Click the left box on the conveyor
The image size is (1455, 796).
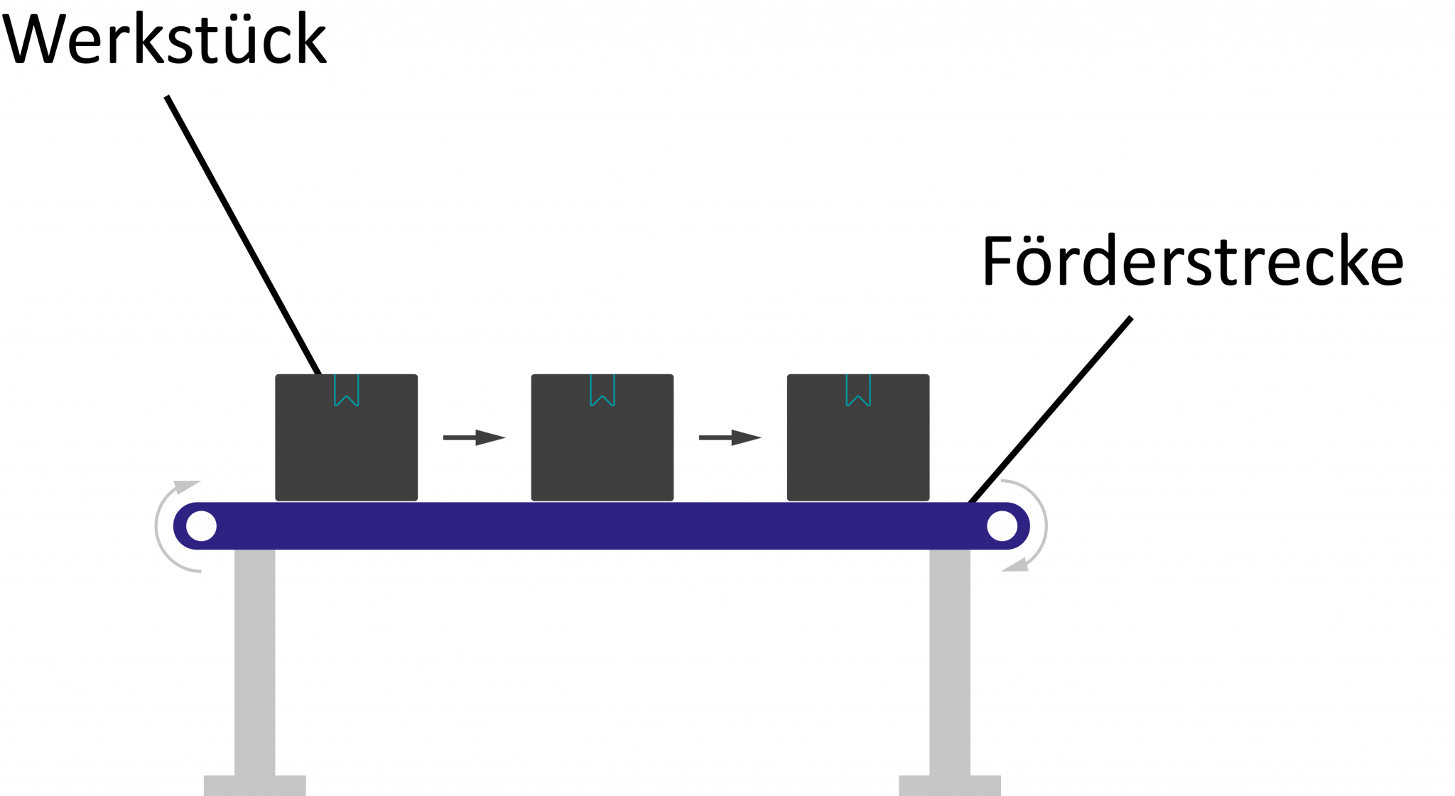click(x=346, y=447)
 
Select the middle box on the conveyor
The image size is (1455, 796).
click(x=602, y=447)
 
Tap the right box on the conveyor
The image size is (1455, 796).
click(x=858, y=447)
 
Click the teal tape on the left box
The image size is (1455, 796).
click(x=347, y=390)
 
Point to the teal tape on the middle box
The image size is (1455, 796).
click(x=602, y=390)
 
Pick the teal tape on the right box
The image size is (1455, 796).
click(x=858, y=390)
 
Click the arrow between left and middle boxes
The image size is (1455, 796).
click(x=474, y=437)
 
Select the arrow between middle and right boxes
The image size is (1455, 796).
click(x=730, y=437)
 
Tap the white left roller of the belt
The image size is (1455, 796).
click(x=201, y=526)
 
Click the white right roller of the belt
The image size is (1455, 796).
click(x=1002, y=526)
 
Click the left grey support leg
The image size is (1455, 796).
click(x=254, y=660)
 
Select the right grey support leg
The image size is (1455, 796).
click(x=950, y=660)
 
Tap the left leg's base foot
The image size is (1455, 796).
click(x=254, y=785)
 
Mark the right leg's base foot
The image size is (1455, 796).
click(x=950, y=785)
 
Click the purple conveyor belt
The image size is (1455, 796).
click(x=602, y=526)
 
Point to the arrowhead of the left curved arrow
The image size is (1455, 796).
click(x=188, y=487)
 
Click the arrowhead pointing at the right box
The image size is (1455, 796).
click(x=746, y=437)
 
